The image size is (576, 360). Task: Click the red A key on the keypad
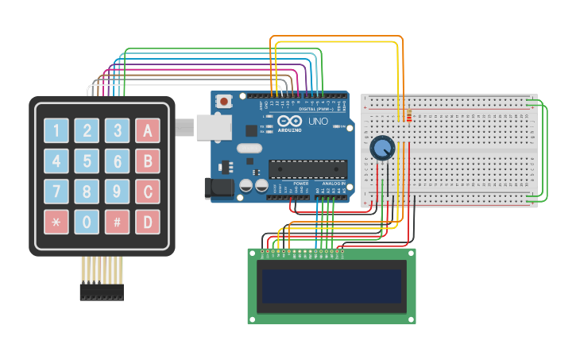(148, 130)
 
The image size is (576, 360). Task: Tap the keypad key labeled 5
(87, 161)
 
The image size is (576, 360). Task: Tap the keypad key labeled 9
(117, 192)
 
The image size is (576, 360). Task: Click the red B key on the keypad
(148, 161)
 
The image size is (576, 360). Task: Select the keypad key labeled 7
(56, 192)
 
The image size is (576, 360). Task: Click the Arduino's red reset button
(225, 101)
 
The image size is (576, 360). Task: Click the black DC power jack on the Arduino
(218, 188)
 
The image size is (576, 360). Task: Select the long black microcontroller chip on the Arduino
(307, 168)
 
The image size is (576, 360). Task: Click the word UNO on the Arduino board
(318, 122)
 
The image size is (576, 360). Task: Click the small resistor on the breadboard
(408, 117)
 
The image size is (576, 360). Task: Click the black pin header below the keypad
(102, 292)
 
